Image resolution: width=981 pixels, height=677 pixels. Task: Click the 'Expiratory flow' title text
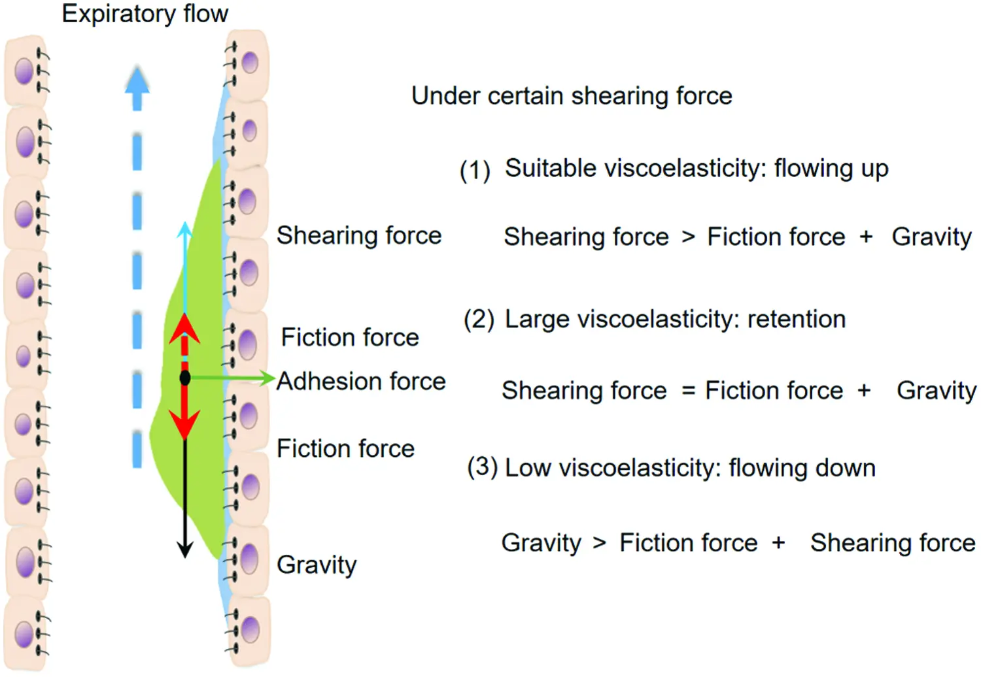coord(145,14)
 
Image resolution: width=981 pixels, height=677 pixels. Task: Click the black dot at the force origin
coord(185,378)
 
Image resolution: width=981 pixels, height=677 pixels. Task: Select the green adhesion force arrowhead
coord(266,378)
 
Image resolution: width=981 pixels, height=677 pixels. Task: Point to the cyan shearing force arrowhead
coord(185,229)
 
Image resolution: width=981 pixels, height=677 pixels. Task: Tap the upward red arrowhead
coord(185,327)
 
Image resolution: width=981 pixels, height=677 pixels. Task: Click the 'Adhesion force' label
coord(361,381)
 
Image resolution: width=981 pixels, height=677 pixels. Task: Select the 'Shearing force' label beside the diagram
coord(359,235)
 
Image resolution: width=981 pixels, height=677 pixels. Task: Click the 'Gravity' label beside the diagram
coord(317,565)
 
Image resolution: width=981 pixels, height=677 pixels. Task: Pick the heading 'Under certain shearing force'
coord(572,96)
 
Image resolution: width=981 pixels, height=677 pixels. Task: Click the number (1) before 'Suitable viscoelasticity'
coord(475,171)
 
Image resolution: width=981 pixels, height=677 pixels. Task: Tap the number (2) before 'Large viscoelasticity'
coord(479,320)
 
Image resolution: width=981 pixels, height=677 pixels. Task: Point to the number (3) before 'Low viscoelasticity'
coord(482,467)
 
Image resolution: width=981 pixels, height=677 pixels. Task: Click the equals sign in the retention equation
coord(688,391)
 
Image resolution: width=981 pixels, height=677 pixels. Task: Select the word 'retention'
coord(797,319)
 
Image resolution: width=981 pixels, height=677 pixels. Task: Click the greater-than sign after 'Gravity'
coord(600,543)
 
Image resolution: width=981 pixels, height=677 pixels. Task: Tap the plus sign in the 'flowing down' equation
coord(778,543)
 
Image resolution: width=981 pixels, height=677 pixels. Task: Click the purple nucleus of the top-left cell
coord(24,71)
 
